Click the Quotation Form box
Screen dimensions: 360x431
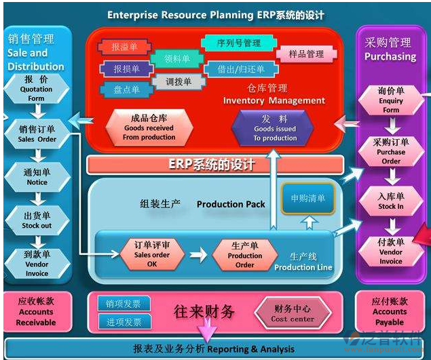tap(36, 89)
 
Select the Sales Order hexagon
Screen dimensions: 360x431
tap(37, 133)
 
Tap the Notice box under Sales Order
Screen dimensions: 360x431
tap(37, 177)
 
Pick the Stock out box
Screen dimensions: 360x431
tap(37, 220)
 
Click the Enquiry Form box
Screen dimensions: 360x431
tap(391, 100)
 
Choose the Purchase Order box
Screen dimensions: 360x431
tap(391, 151)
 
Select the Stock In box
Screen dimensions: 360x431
tap(391, 201)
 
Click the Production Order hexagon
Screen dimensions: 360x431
tap(244, 255)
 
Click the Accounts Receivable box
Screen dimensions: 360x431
tap(36, 312)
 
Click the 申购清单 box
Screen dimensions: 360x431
tap(308, 198)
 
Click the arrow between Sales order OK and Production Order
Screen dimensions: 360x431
tap(198, 255)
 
